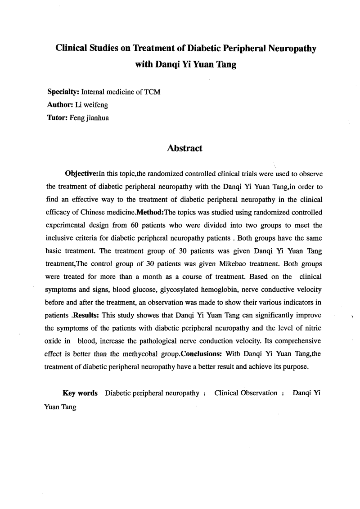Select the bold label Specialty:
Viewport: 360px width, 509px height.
(x=63, y=93)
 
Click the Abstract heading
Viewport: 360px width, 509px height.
(x=184, y=148)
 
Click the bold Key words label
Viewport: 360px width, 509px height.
(x=80, y=393)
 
